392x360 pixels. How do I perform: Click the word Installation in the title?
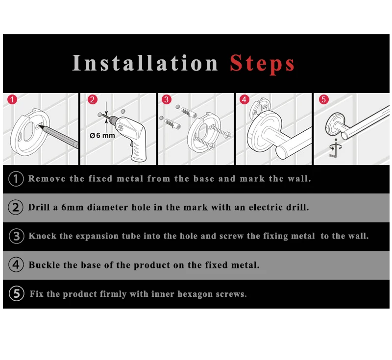145,63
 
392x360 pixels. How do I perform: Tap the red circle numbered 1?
12,99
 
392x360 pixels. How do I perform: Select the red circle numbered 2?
92,99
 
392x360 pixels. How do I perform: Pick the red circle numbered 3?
166,99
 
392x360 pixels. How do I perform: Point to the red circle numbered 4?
244,99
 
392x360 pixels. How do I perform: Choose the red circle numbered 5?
323,99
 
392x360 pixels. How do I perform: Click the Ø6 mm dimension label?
102,136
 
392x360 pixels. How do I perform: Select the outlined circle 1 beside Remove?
16,179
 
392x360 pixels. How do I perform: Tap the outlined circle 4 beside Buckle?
16,264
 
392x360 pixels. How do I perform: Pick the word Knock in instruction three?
42,236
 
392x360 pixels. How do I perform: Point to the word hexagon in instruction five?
195,294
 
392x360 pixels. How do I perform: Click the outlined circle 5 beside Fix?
17,293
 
